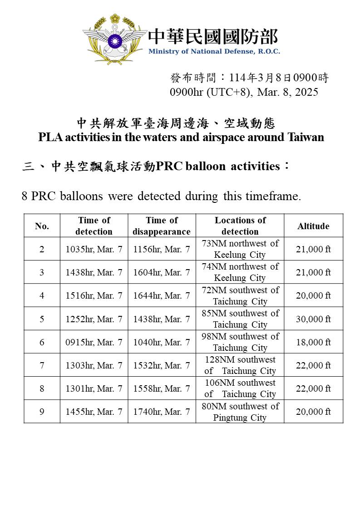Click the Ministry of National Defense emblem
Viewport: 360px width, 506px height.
(x=114, y=38)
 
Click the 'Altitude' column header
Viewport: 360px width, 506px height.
(x=313, y=226)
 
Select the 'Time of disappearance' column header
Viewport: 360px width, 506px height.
(x=162, y=226)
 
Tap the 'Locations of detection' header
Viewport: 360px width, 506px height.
(x=240, y=226)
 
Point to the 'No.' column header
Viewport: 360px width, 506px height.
(x=42, y=226)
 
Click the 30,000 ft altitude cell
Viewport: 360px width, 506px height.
(x=313, y=319)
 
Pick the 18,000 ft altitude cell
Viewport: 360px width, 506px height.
(x=313, y=342)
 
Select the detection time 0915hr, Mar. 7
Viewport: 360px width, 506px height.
(x=94, y=342)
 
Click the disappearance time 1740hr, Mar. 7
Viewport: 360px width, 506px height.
(x=162, y=412)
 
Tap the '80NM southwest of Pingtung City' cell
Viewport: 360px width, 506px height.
(x=240, y=412)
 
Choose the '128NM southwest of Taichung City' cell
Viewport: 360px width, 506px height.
(x=240, y=365)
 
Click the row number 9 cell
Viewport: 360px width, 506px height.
(x=42, y=412)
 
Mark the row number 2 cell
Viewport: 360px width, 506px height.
(x=42, y=249)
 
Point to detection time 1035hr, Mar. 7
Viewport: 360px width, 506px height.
(x=94, y=249)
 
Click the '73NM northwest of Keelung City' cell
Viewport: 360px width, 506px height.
(x=240, y=249)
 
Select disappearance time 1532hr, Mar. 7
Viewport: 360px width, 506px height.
(x=162, y=365)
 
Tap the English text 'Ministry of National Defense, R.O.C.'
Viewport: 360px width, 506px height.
(x=214, y=51)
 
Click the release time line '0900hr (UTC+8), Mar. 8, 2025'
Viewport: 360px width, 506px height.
(x=244, y=92)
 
